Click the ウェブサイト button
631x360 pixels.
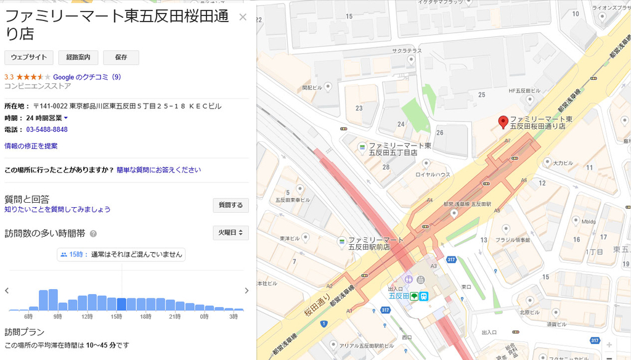coord(29,57)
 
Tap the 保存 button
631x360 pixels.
coord(121,57)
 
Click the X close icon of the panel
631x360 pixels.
coord(243,17)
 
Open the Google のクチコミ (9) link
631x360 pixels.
coord(87,77)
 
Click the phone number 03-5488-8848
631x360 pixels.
coord(47,129)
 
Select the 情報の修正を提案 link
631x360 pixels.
coord(31,146)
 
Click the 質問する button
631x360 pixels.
coord(230,205)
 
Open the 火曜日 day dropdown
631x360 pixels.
coord(230,232)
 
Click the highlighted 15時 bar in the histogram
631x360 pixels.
coord(121,304)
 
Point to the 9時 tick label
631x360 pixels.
coord(57,316)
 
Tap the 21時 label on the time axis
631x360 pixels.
coord(174,316)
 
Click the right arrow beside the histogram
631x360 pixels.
coord(246,291)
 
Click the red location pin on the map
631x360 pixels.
coord(503,121)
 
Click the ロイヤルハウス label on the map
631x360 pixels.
coord(433,174)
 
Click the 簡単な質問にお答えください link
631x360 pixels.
coord(158,170)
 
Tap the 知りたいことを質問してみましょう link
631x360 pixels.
coord(57,210)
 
